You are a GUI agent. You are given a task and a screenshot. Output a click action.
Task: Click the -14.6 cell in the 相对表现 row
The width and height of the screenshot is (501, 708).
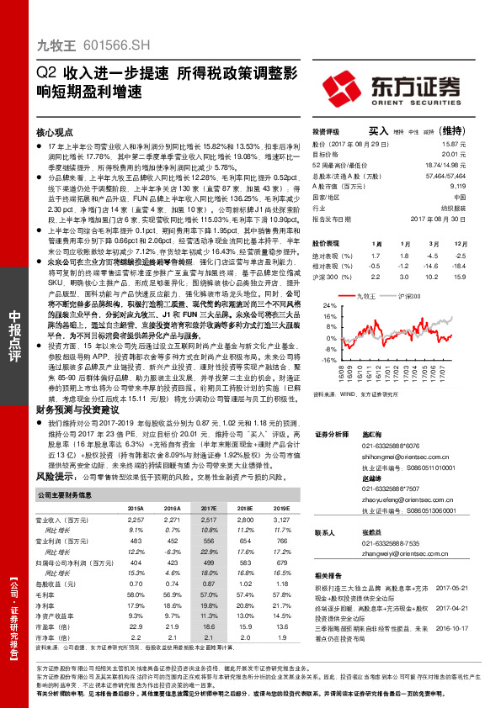tap(431, 265)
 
